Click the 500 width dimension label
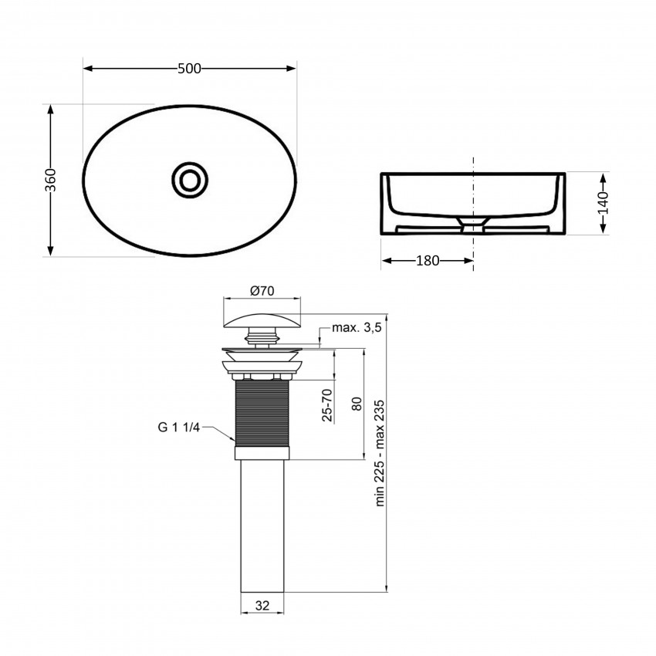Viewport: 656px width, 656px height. click(189, 69)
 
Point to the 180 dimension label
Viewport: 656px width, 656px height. click(427, 261)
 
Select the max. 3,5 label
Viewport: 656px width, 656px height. click(357, 328)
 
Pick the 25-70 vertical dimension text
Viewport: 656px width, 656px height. click(328, 404)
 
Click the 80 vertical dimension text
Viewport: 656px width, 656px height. click(357, 404)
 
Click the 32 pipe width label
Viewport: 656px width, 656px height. click(263, 607)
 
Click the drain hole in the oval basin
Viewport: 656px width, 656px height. click(188, 179)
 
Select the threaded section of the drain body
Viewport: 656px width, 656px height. click(262, 417)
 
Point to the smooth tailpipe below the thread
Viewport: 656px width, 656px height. click(262, 525)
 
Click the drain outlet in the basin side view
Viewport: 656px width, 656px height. click(472, 223)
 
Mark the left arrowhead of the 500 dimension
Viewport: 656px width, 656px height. click(87, 69)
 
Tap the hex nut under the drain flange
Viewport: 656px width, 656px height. click(262, 376)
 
